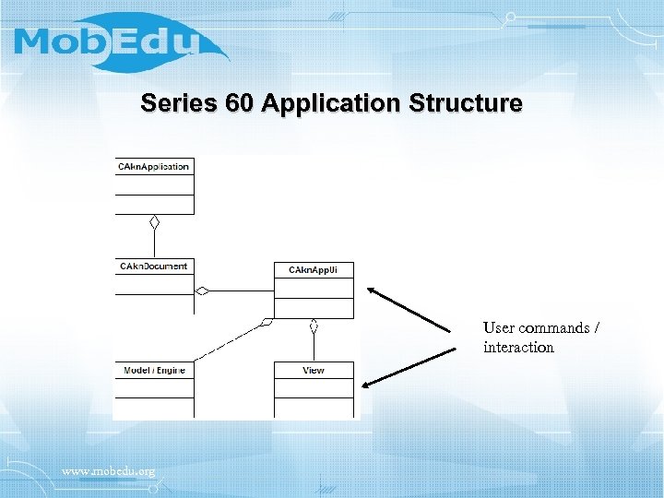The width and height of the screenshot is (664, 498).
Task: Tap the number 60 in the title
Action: click(x=238, y=103)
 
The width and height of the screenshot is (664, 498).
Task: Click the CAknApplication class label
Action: click(x=154, y=167)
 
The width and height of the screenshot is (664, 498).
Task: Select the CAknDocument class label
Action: click(x=154, y=267)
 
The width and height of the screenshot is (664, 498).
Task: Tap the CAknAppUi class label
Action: click(x=314, y=269)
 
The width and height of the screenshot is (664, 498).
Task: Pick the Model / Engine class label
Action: click(x=154, y=371)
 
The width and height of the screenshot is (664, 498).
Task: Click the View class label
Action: click(x=314, y=371)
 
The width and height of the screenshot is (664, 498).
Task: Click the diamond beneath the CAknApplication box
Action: click(x=155, y=222)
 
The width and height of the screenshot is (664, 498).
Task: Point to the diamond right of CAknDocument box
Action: click(x=202, y=290)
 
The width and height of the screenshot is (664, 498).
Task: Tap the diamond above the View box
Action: click(x=314, y=326)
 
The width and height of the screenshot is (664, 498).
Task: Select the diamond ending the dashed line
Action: click(x=267, y=323)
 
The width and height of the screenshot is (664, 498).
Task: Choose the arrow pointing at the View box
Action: click(x=410, y=368)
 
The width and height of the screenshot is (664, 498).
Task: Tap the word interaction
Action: click(x=518, y=348)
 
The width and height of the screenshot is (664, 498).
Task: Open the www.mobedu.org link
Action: click(x=108, y=471)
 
